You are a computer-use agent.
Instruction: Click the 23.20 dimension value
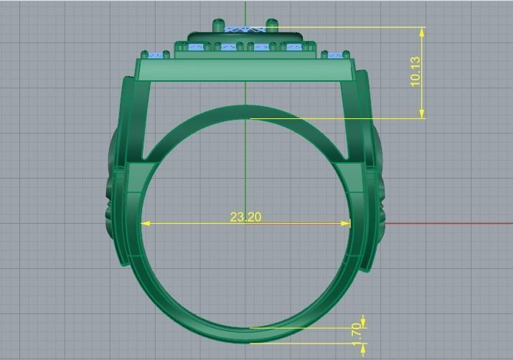coord(245,217)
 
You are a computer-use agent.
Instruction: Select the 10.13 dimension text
coord(415,72)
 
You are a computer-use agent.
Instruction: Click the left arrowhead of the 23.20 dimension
coord(144,223)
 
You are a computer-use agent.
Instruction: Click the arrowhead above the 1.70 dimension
coord(364,321)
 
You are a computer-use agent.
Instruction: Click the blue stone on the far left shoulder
coord(153,55)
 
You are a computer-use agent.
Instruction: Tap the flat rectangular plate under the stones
coord(245,70)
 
